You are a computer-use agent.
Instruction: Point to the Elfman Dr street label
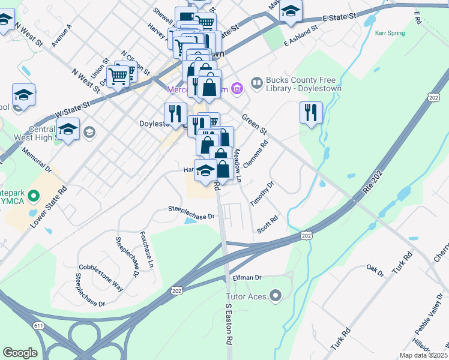[247, 278]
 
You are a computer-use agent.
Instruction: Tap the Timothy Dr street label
[262, 194]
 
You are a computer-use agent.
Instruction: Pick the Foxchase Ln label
[147, 249]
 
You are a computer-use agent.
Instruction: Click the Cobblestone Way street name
[101, 277]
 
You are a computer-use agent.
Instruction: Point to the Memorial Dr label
[37, 161]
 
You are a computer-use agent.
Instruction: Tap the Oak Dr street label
[375, 270]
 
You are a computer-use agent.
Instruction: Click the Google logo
[20, 353]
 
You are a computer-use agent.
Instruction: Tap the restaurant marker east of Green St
[311, 113]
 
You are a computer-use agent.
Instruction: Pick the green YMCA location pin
[33, 196]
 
